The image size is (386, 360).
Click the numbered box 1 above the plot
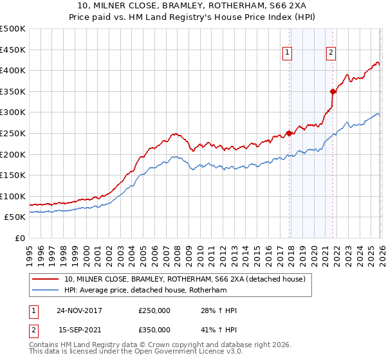pyautogui.click(x=286, y=53)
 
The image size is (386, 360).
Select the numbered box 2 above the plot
pyautogui.click(x=331, y=53)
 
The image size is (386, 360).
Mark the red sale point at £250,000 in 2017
pyautogui.click(x=289, y=133)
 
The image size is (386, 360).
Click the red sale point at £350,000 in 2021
pyautogui.click(x=333, y=91)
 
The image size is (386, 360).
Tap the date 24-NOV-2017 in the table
pyautogui.click(x=79, y=310)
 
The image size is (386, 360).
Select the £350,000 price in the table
pyautogui.click(x=154, y=330)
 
